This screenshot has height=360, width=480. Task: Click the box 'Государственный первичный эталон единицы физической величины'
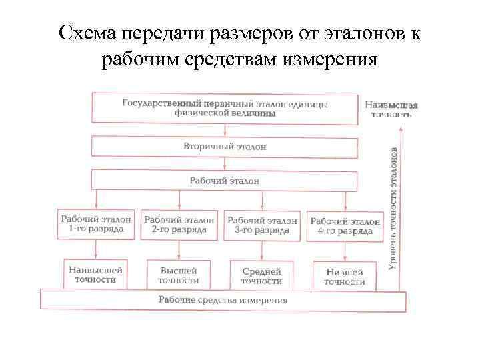coord(225,109)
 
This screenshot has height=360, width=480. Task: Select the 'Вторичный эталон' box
coord(225,146)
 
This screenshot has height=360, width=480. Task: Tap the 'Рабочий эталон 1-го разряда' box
coord(96,225)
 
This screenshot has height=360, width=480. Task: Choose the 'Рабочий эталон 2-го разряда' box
coord(179,225)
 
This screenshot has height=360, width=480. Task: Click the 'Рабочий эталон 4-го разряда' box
coord(345,226)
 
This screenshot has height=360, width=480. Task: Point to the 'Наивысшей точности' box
coord(96,275)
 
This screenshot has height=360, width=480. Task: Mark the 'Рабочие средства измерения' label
coord(223,300)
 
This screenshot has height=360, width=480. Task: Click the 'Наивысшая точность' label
coord(391,109)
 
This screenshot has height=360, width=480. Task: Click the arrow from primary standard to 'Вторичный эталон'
coord(225,129)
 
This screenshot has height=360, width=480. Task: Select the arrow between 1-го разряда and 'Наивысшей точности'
coord(96,249)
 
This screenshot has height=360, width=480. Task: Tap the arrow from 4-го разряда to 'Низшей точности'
coord(345,251)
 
